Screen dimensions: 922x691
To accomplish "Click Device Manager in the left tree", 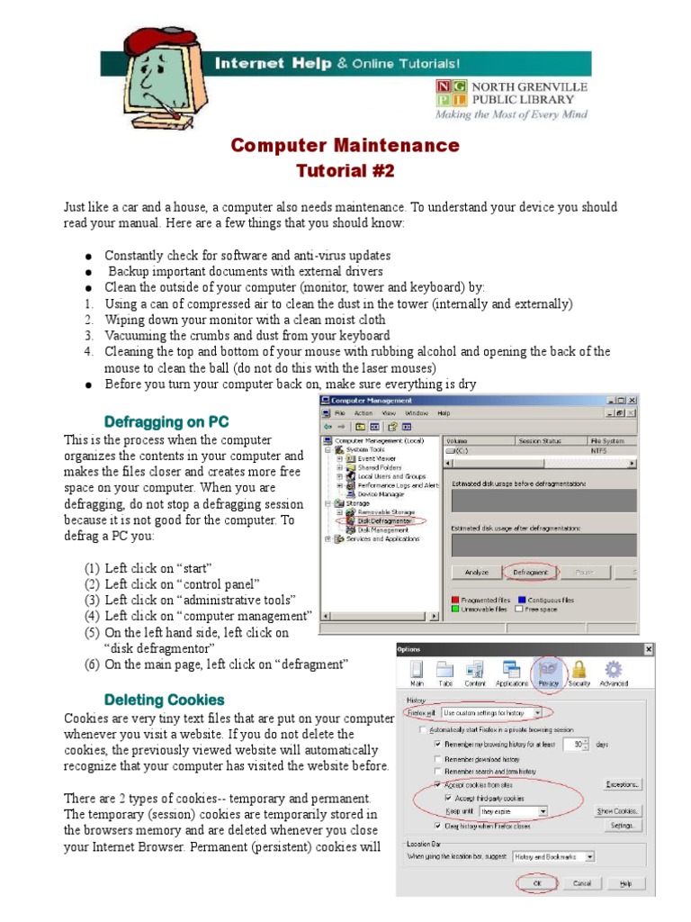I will pyautogui.click(x=381, y=493).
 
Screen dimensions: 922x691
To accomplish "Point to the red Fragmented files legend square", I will pyautogui.click(x=455, y=600).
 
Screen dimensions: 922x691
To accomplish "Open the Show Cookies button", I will pyautogui.click(x=617, y=811).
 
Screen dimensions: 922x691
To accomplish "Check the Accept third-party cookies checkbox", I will pyautogui.click(x=449, y=798).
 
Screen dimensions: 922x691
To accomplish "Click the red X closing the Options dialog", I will pyautogui.click(x=648, y=649).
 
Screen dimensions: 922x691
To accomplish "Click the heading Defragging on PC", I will pyautogui.click(x=166, y=421).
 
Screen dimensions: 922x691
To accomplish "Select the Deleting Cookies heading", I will pyautogui.click(x=164, y=700).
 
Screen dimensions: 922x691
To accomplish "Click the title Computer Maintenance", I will pyautogui.click(x=345, y=146).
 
